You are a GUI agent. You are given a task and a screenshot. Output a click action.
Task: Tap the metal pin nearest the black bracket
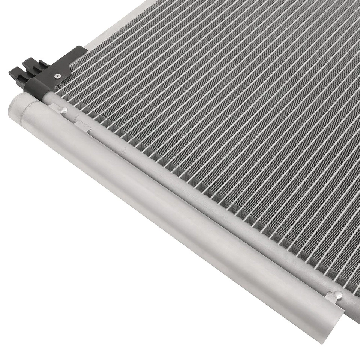point(64,110)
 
